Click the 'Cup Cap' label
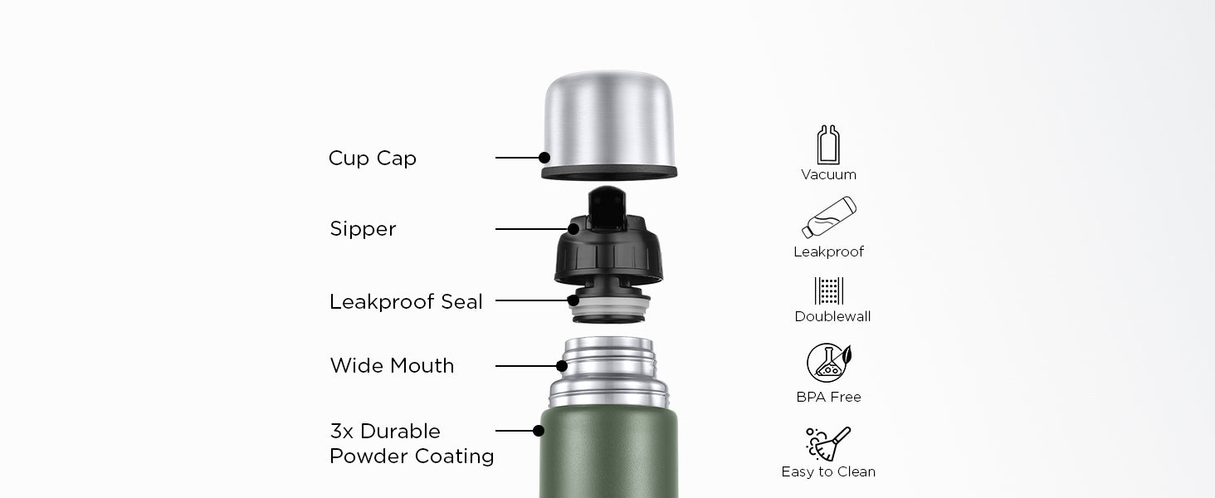click(372, 159)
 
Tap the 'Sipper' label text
click(363, 229)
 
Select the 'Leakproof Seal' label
click(406, 301)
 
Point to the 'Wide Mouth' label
click(392, 366)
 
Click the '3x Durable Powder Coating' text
click(412, 443)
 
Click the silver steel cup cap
click(609, 124)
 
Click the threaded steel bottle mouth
click(608, 372)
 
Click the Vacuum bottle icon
click(828, 144)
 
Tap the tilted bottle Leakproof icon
click(829, 217)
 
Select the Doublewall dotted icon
click(829, 290)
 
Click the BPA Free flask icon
click(829, 363)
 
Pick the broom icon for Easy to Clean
click(828, 444)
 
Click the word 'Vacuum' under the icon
click(829, 174)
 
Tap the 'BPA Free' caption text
click(829, 397)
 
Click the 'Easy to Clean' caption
click(828, 472)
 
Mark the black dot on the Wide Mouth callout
click(562, 366)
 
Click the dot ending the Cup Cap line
click(544, 158)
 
